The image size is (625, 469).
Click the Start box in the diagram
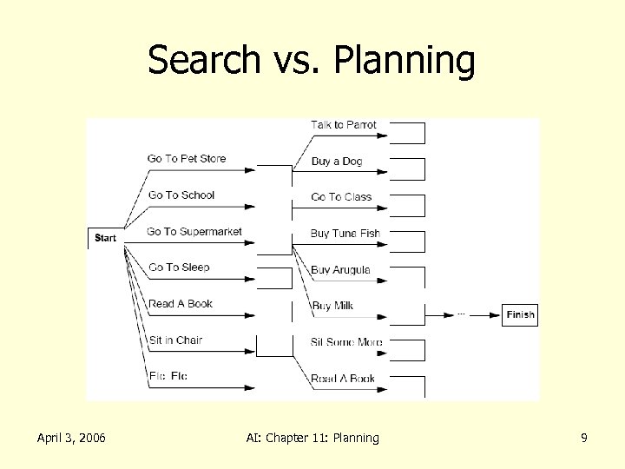pos(105,237)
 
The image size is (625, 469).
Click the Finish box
pos(520,314)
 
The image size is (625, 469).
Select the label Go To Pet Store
pos(186,158)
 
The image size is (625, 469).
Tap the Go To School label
pos(181,195)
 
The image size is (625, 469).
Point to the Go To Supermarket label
pos(194,231)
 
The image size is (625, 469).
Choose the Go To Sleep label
pos(178,268)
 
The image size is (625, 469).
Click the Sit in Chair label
pos(174,340)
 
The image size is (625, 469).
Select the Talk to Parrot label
pos(344,125)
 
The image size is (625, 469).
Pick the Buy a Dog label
pos(337,162)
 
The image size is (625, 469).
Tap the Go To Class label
pos(341,197)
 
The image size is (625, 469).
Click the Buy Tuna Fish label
pos(345,234)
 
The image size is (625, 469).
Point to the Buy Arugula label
pos(340,270)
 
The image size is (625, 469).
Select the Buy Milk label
pos(332,306)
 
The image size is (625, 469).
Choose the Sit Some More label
pos(346,342)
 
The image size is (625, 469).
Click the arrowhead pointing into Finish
pos(497,314)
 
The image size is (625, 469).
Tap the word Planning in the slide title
pos(405,61)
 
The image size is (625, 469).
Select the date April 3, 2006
pos(71,438)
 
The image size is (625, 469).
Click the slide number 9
pos(584,438)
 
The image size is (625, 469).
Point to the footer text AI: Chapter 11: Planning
pos(312,438)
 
